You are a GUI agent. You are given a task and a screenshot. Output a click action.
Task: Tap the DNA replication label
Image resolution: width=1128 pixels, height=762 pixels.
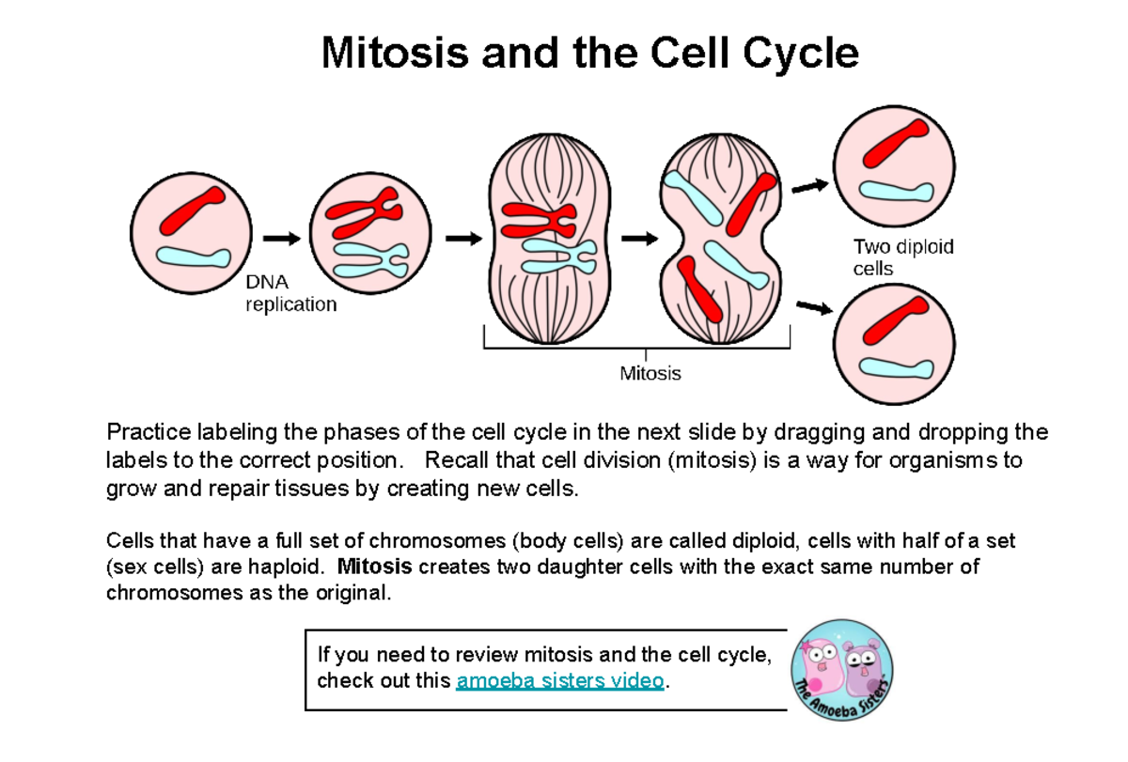(290, 293)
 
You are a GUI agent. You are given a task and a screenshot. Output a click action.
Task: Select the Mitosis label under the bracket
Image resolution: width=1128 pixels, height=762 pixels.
(650, 374)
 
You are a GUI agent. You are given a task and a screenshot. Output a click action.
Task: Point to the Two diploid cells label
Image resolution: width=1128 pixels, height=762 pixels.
(901, 257)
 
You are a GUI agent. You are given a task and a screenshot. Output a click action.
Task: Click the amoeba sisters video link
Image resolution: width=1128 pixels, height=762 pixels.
(559, 681)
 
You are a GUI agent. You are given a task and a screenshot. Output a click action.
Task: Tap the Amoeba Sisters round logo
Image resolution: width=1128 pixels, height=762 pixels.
(842, 669)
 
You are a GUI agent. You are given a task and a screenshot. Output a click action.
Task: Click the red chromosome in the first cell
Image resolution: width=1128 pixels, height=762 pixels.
(192, 210)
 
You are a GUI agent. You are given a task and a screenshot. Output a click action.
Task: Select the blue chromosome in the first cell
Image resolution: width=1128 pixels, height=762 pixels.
(193, 256)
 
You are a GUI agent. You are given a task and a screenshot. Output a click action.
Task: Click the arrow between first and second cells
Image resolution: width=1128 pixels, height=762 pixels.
(281, 239)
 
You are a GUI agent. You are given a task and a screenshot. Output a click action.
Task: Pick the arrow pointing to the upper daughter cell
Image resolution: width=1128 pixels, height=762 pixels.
(810, 187)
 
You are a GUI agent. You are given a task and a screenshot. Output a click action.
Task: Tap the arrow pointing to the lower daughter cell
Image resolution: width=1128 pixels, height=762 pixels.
(814, 307)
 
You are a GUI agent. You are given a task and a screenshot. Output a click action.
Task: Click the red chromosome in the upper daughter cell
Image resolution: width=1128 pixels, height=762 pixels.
(897, 141)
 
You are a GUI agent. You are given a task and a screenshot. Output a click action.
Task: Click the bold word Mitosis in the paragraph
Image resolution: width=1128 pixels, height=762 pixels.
(374, 568)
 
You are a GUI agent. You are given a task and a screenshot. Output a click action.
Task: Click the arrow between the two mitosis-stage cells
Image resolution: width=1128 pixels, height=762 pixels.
(639, 239)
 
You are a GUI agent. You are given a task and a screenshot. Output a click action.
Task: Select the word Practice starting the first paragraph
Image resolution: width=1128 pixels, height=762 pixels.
(148, 433)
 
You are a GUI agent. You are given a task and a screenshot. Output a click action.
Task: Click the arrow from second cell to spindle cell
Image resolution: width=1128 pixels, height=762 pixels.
(462, 239)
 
